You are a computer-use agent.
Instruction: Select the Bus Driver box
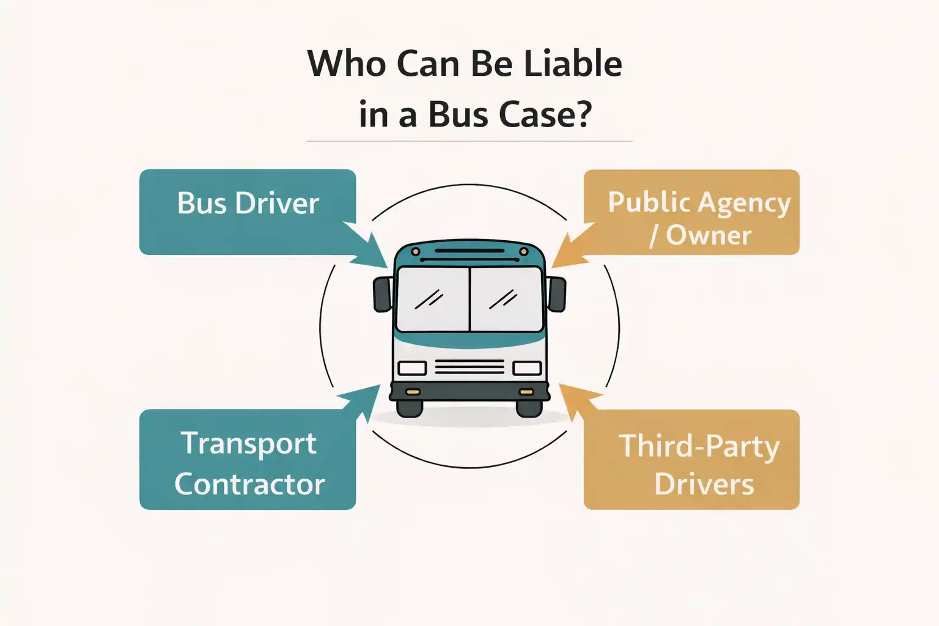tap(248, 212)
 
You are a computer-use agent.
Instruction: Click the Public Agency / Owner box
tap(692, 212)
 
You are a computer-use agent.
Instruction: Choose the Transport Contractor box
tap(248, 459)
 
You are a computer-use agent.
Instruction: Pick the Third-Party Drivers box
tap(692, 459)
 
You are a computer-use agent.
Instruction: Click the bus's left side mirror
tap(383, 293)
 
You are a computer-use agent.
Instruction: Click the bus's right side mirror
tap(556, 293)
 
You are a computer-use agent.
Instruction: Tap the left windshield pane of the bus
tap(433, 299)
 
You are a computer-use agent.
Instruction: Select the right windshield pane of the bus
tap(506, 299)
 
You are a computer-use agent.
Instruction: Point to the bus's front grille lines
tap(469, 367)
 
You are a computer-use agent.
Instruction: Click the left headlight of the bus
tap(412, 368)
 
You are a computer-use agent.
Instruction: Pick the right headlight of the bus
tap(527, 368)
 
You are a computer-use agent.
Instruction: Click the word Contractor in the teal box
tap(249, 484)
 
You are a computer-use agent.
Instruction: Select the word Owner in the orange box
tap(709, 235)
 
